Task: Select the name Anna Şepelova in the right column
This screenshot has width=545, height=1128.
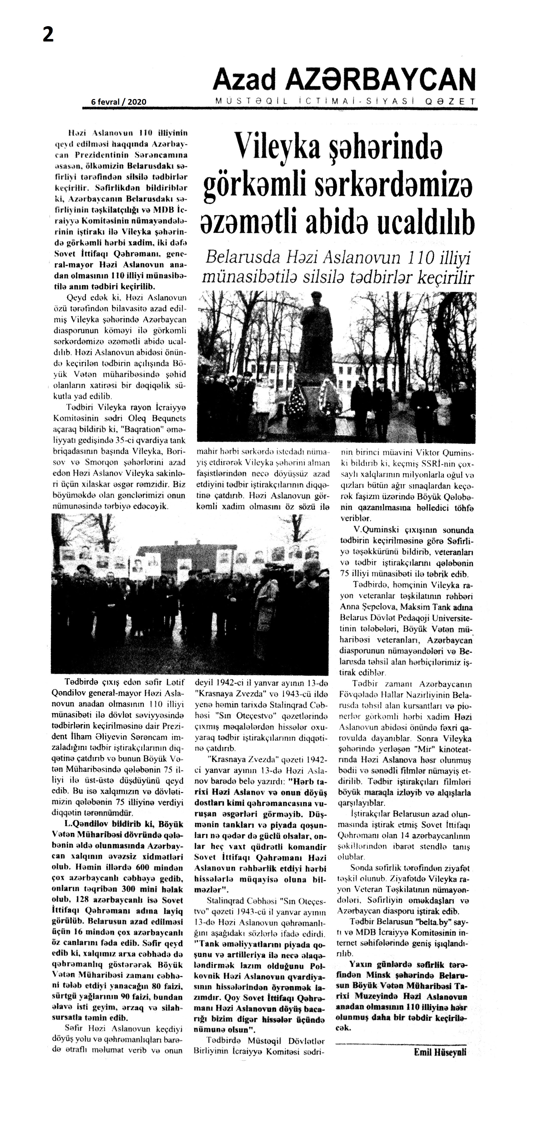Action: pyautogui.click(x=365, y=607)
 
